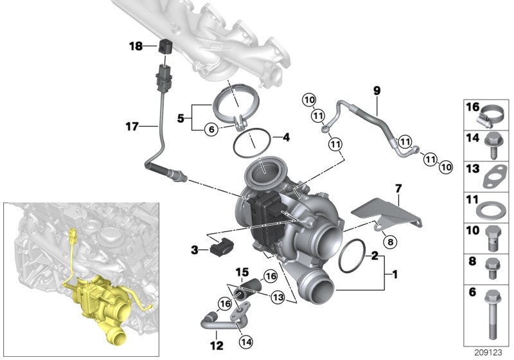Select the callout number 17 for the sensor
tap(132, 127)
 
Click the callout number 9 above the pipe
tap(377, 91)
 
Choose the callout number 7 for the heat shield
tap(398, 189)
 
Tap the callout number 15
tap(245, 271)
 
